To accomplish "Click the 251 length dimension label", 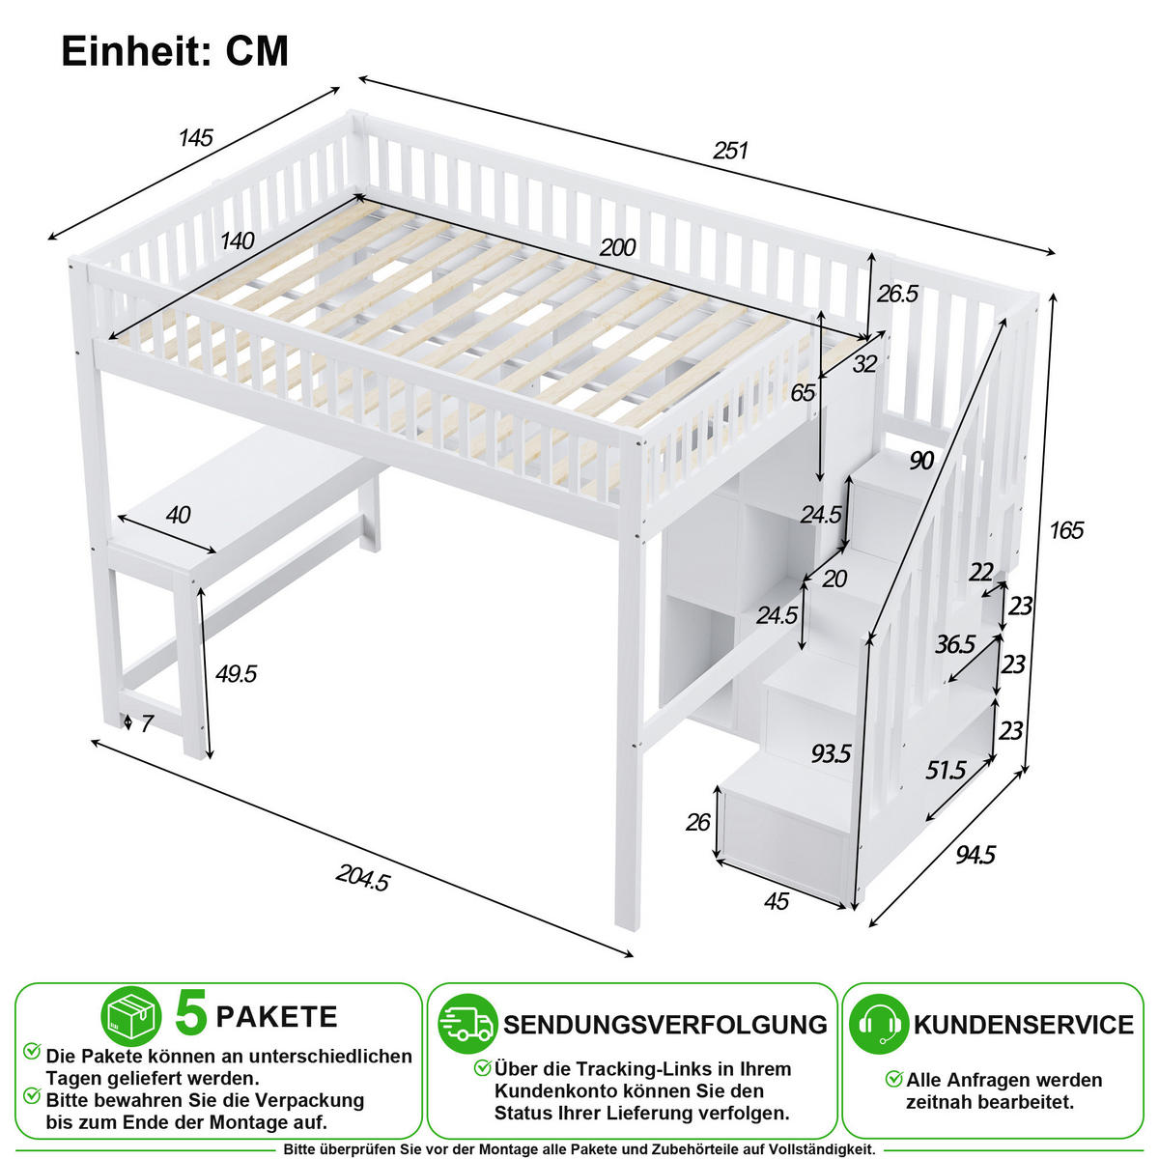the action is [730, 151].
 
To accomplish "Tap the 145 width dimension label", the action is [196, 138].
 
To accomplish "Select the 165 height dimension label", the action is [1065, 530].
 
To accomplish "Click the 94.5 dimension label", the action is [975, 854].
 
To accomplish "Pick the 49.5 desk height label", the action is [236, 673].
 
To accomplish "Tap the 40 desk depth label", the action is [178, 515].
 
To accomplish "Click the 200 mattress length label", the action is [618, 247].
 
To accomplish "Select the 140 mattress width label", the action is [237, 241].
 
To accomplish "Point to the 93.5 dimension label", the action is [832, 753].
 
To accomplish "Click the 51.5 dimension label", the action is [946, 770].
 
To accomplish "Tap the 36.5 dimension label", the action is [954, 645].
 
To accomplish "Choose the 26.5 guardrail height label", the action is [897, 294].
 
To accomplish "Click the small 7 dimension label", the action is [147, 723].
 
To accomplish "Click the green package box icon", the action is [131, 1016].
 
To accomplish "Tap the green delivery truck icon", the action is [467, 1024].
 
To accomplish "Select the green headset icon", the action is [879, 1024].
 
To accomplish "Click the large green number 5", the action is [191, 1013].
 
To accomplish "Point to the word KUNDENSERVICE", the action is [1024, 1025].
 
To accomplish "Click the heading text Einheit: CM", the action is [175, 51].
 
